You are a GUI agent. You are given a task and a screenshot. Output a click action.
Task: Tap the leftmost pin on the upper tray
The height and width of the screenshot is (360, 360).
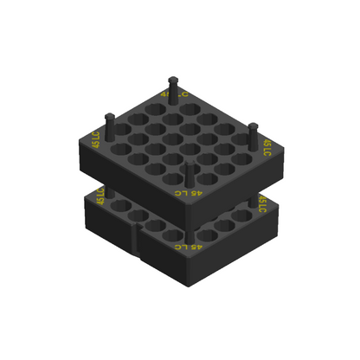pos(109,116)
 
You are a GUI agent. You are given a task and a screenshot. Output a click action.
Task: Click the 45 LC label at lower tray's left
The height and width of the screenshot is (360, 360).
pos(100,196)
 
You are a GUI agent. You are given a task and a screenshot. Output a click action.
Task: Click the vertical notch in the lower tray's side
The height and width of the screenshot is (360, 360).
pos(138,242)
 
